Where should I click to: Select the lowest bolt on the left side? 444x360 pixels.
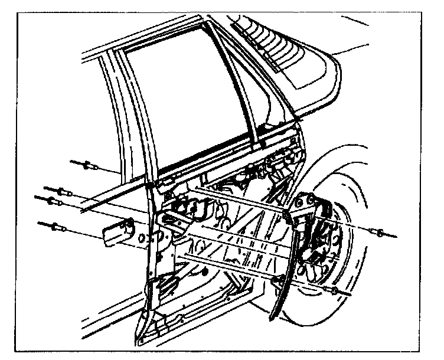pyautogui.click(x=57, y=225)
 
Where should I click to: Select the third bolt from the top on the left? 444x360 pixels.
pyautogui.click(x=53, y=200)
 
